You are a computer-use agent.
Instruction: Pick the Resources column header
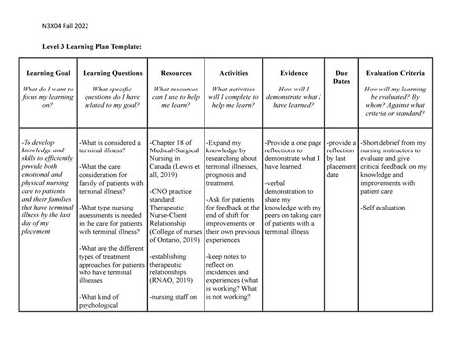click(175, 73)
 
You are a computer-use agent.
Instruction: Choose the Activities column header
click(232, 73)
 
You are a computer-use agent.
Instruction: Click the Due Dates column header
click(342, 78)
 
